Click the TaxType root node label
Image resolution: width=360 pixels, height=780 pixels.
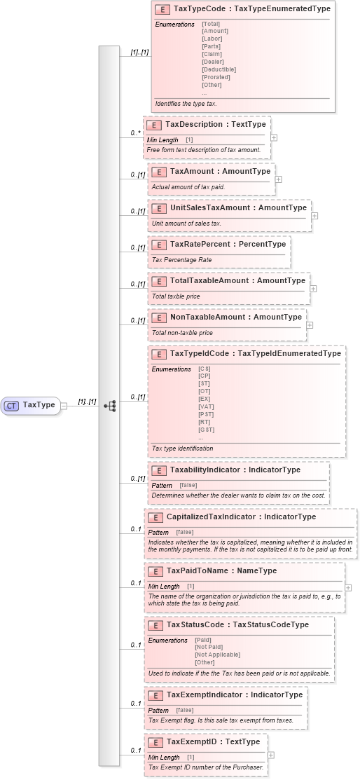[39, 404]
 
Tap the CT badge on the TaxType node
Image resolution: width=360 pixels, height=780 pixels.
[12, 405]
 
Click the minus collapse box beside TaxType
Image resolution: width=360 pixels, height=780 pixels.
[63, 405]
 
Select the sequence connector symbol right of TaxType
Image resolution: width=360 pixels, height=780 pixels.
[109, 405]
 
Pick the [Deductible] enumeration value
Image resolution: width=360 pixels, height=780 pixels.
[219, 69]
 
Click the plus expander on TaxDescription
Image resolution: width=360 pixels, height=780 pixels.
[274, 137]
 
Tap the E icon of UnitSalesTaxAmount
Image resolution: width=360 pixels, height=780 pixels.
[158, 208]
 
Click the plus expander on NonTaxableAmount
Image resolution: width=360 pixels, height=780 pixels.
[310, 325]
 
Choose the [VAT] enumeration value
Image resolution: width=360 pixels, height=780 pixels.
[207, 406]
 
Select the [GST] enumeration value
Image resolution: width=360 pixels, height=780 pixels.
[207, 430]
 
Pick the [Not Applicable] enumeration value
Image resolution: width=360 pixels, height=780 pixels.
[217, 655]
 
